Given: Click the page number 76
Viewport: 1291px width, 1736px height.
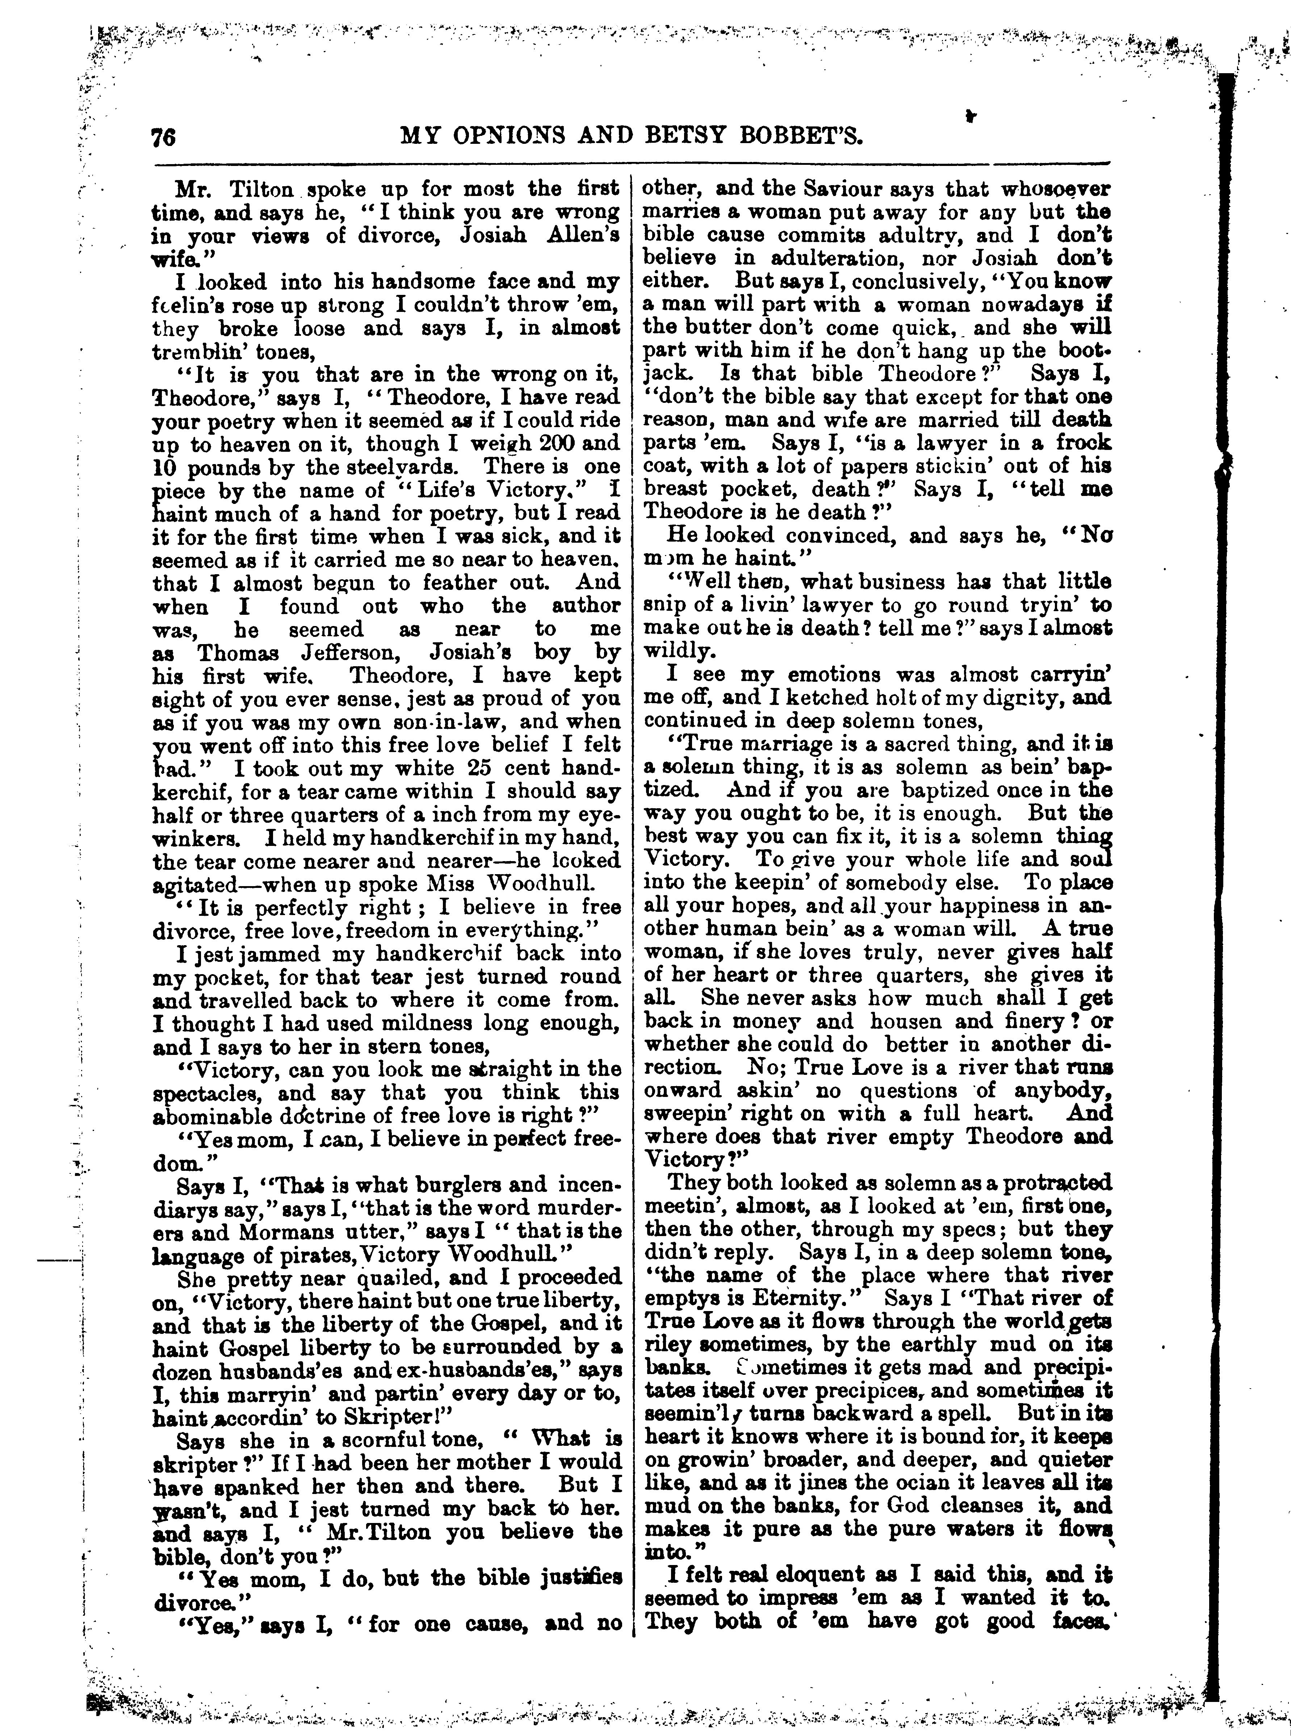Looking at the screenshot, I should (164, 138).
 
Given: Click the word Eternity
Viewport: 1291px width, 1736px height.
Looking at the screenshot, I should (799, 1299).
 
